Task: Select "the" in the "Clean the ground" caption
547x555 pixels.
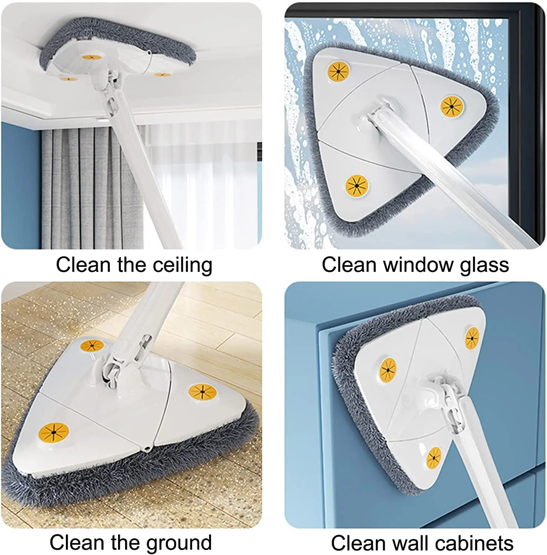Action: coord(126,543)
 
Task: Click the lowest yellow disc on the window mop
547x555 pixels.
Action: coord(356,185)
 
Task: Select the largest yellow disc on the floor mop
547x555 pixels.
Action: coord(54,432)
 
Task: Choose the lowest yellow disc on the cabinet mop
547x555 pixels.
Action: coord(433,457)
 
